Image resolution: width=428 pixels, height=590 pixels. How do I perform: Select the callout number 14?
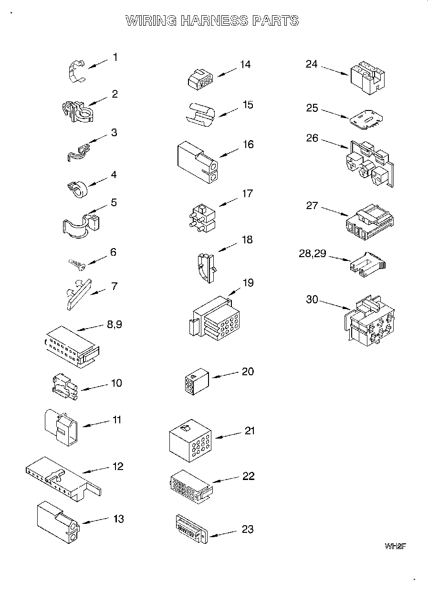click(245, 64)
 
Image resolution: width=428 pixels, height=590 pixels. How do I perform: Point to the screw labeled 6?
click(76, 262)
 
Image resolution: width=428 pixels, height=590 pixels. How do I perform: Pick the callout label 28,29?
click(313, 253)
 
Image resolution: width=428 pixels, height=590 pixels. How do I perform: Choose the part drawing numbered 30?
click(370, 321)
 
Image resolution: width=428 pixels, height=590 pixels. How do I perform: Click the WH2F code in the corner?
click(395, 546)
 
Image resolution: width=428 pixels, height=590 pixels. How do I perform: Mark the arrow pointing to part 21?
click(230, 435)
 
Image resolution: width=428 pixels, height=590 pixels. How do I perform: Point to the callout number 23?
click(248, 529)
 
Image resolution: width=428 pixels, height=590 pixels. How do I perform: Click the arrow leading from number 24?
click(334, 70)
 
